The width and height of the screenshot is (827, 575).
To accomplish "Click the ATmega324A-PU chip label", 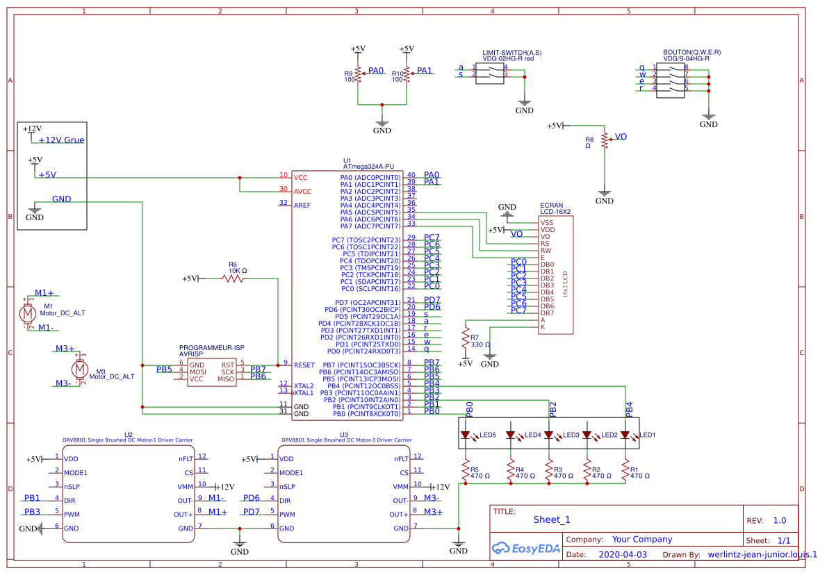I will click(368, 167).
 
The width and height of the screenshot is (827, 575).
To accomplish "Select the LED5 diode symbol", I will click(466, 435).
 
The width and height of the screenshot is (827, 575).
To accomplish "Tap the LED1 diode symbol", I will click(625, 435).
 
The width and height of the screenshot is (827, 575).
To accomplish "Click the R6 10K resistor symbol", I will click(234, 278).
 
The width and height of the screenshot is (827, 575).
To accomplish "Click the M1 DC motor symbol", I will click(28, 314).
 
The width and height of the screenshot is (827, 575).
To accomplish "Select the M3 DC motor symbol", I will click(80, 368).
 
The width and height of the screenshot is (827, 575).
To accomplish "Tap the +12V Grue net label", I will click(61, 140).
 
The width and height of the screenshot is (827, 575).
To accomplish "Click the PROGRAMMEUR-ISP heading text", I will click(212, 347).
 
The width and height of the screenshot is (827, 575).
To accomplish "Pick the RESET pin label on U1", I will click(304, 365).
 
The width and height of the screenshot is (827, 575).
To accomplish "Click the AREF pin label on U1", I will click(302, 205).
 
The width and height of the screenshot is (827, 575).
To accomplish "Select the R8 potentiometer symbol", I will click(605, 140).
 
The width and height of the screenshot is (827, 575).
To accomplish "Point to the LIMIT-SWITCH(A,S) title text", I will click(511, 53).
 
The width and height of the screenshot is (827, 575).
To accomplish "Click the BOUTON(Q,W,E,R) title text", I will click(691, 53).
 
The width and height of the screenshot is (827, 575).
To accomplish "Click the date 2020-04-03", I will click(623, 555).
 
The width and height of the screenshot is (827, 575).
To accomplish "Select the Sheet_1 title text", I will click(552, 519).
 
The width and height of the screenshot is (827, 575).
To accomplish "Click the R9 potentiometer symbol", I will click(358, 73).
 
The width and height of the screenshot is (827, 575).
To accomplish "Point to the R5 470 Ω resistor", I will click(466, 472).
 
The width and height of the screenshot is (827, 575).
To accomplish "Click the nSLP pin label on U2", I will click(72, 486).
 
